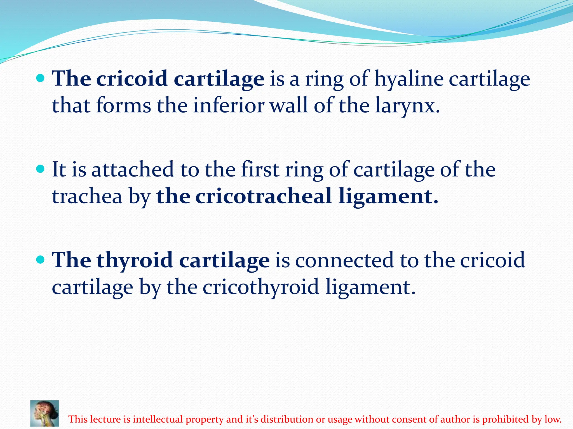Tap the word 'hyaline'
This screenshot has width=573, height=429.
click(409, 79)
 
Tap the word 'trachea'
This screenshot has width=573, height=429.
click(87, 196)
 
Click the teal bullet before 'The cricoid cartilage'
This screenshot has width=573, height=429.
click(41, 78)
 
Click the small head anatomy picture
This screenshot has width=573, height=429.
click(45, 413)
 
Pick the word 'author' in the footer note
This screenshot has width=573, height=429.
click(455, 419)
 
